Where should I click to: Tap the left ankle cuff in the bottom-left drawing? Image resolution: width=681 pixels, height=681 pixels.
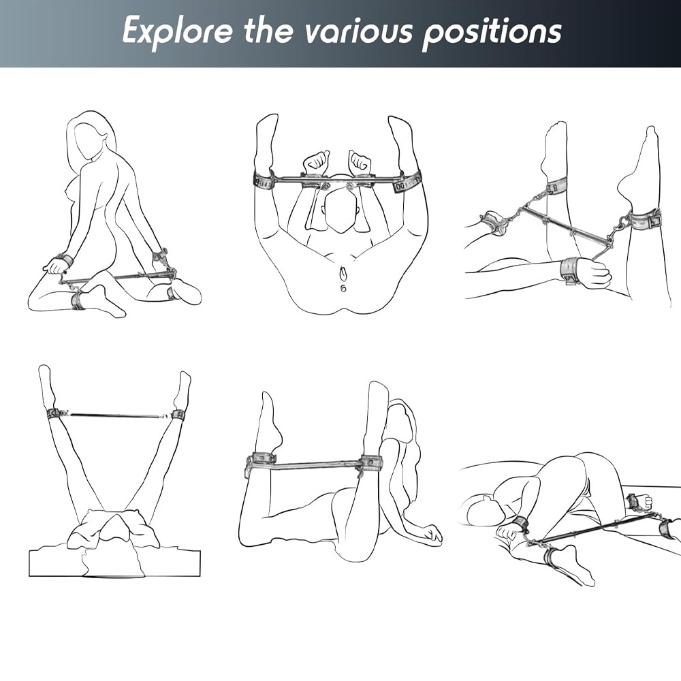pyautogui.click(x=53, y=414)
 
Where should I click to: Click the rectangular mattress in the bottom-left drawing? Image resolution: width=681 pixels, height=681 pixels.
pyautogui.click(x=114, y=563)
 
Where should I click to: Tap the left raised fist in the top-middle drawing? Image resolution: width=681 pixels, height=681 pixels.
pyautogui.click(x=316, y=162)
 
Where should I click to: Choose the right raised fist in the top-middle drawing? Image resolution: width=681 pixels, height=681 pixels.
pyautogui.click(x=360, y=162)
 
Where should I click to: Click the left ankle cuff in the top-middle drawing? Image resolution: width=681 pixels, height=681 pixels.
pyautogui.click(x=264, y=180)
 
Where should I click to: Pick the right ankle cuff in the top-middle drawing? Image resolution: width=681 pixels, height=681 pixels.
pyautogui.click(x=407, y=182)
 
